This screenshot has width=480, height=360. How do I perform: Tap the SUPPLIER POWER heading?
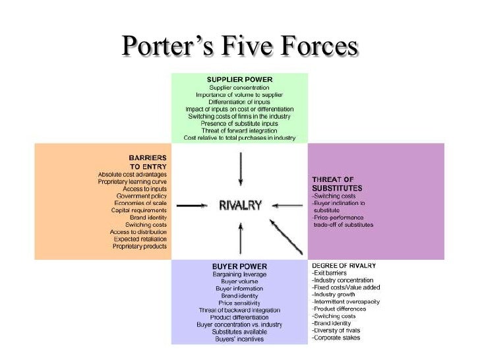pyautogui.click(x=239, y=79)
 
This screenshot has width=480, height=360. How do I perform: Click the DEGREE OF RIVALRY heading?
pyautogui.click(x=344, y=265)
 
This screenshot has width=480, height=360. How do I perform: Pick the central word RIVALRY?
pyautogui.click(x=240, y=206)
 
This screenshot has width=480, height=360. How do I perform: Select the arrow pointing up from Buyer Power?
pyautogui.click(x=240, y=238)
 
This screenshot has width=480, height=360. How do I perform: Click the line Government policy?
pyautogui.click(x=141, y=196)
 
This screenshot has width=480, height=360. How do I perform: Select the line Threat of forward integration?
pyautogui.click(x=239, y=131)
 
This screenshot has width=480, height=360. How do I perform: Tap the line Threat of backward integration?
pyautogui.click(x=239, y=310)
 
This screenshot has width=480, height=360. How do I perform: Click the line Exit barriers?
pyautogui.click(x=330, y=273)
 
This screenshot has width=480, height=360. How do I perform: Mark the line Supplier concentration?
pyautogui.click(x=239, y=88)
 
